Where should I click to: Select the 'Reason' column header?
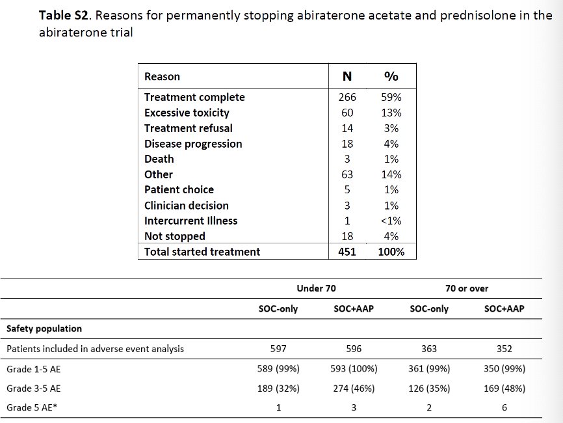tap(162, 77)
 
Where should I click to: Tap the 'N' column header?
tap(347, 76)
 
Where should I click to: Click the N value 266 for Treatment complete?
tap(347, 97)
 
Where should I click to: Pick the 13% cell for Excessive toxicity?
tap(391, 113)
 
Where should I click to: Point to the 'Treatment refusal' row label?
tap(188, 128)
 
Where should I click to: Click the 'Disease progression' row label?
tap(193, 144)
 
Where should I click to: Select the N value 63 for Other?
tap(347, 174)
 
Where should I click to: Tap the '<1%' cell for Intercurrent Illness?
tap(391, 221)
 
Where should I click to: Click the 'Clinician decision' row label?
tap(187, 206)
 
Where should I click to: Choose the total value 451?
tap(347, 252)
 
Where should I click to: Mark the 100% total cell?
tap(391, 252)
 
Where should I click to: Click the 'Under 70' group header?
tap(316, 288)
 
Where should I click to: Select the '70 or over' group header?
tap(467, 288)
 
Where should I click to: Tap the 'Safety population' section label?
tap(44, 329)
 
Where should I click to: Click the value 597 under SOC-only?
tap(278, 349)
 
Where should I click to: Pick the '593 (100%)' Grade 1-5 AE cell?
tap(354, 369)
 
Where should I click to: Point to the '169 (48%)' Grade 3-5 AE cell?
tap(504, 389)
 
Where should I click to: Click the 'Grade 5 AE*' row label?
tap(32, 407)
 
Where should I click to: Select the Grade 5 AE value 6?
tap(504, 407)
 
